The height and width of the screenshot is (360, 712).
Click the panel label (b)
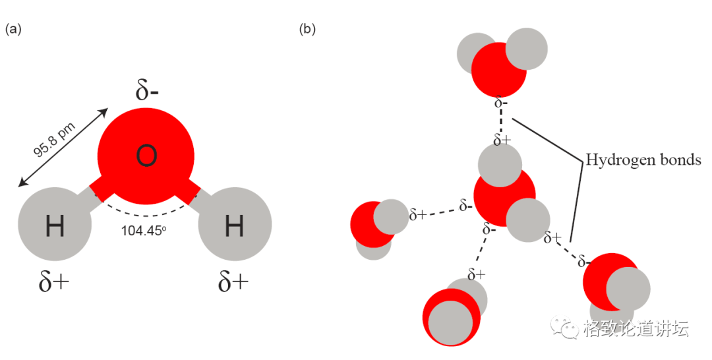click(307, 30)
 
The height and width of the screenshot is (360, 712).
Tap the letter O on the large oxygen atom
click(146, 156)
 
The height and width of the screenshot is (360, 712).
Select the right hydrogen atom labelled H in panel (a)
click(234, 226)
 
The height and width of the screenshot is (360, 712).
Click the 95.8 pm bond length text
click(56, 140)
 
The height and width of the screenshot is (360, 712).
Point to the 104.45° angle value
click(142, 231)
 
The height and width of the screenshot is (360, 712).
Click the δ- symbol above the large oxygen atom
click(146, 90)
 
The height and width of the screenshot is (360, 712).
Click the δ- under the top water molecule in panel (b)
click(501, 103)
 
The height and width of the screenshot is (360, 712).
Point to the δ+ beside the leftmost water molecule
click(418, 214)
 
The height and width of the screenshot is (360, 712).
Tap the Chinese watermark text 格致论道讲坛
click(636, 328)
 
